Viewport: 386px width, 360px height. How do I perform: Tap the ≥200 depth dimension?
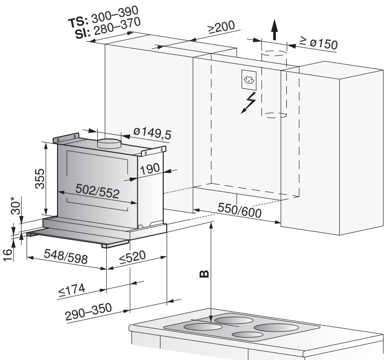click(221, 27)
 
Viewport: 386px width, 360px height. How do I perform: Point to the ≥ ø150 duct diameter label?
click(319, 43)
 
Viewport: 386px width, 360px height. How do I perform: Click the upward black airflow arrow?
click(274, 30)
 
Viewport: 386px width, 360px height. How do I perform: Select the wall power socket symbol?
click(249, 80)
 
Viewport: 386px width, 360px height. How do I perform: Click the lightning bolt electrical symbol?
click(248, 103)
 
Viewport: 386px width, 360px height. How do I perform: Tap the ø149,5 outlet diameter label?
click(152, 134)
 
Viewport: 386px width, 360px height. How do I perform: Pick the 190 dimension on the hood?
click(150, 169)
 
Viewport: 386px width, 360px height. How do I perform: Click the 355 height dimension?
click(40, 179)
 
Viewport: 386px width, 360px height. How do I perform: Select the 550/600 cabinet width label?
click(240, 210)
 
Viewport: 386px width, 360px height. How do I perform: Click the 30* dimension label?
click(15, 206)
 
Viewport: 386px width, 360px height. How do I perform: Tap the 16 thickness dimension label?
click(7, 255)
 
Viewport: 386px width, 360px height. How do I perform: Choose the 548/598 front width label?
click(65, 257)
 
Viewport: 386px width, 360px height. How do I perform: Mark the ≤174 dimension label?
click(72, 290)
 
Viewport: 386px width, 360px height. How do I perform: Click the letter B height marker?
click(204, 274)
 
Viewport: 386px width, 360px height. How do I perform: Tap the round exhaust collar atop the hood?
click(109, 144)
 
